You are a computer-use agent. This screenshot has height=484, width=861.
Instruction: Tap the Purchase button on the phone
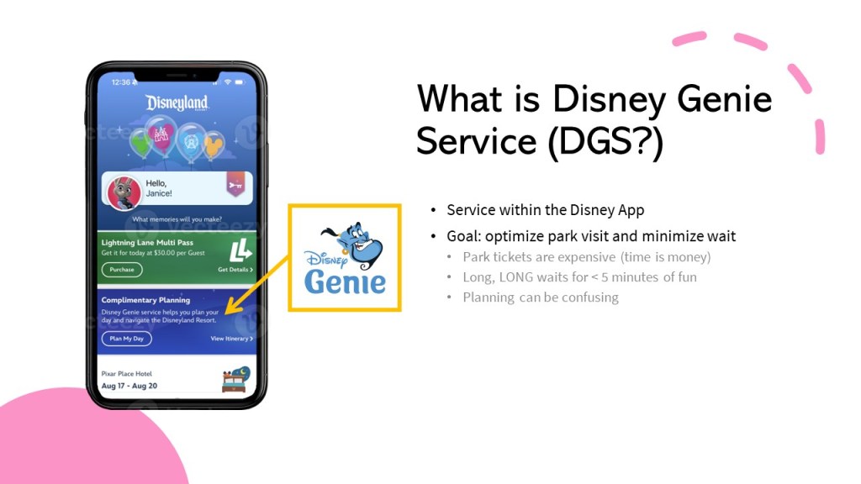[122, 270]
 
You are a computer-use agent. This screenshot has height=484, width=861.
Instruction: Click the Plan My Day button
[126, 339]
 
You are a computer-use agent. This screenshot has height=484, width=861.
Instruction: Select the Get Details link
[235, 270]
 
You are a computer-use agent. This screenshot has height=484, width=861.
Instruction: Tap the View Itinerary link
[232, 339]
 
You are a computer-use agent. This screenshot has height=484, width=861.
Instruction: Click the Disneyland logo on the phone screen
[177, 103]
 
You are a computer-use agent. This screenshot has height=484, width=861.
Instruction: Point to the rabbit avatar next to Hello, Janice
[123, 192]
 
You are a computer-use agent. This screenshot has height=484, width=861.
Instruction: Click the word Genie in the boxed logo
[345, 282]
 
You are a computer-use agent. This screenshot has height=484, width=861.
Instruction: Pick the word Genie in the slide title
[724, 99]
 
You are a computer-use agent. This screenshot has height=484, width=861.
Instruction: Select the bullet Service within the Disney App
[545, 210]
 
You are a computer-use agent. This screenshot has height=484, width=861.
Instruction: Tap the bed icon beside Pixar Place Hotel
[236, 379]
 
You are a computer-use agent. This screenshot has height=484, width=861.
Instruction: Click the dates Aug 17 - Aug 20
[129, 386]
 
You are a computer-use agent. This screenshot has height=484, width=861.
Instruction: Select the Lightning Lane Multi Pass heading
[147, 242]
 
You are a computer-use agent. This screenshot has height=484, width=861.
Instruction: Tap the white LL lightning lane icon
[240, 250]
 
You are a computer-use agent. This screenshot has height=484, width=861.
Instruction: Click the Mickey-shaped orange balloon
[214, 145]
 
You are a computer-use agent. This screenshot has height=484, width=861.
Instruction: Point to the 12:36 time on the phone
[121, 82]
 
